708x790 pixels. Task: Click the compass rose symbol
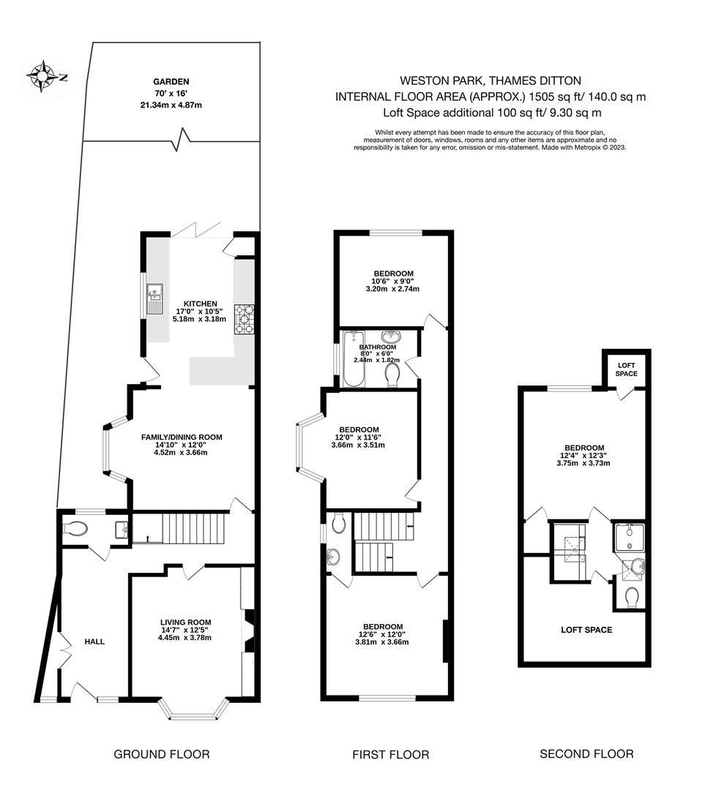tap(43, 75)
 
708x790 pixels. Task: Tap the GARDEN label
tap(171, 82)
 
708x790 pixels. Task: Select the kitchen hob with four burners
tap(243, 319)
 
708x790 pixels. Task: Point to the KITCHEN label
tap(200, 303)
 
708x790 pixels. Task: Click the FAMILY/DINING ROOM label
tap(182, 437)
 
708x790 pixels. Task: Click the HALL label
tap(94, 642)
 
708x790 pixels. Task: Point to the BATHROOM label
tap(377, 347)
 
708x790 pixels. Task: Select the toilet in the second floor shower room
tap(633, 598)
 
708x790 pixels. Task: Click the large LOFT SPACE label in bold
tap(586, 630)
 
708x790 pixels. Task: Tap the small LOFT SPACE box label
tap(627, 369)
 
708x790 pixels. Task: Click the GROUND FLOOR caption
tap(162, 754)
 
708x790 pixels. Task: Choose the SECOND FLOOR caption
tap(586, 753)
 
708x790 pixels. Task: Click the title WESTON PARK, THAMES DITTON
tap(491, 81)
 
